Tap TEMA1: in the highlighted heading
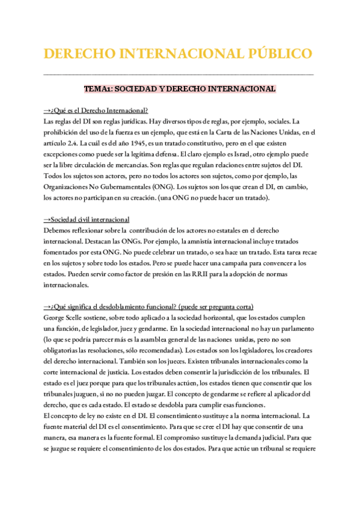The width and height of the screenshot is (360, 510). [x=98, y=89]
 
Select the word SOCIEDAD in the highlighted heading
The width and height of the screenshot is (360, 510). [x=138, y=89]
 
